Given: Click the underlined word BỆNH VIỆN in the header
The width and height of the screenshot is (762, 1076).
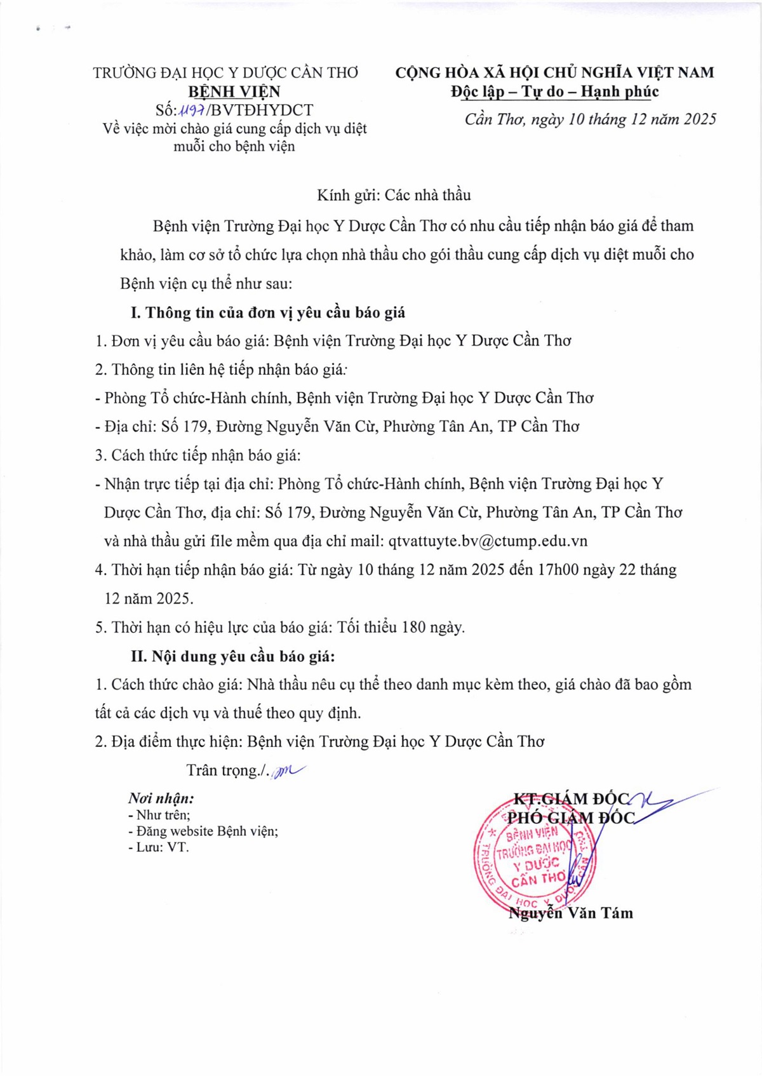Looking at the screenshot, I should [234, 92].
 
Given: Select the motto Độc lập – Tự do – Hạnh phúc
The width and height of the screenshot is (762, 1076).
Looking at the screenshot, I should [555, 92].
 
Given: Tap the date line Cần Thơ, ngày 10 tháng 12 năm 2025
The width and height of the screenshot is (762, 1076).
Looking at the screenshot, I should [591, 119].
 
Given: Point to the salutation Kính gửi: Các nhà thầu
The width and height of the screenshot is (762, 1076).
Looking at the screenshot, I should [394, 195].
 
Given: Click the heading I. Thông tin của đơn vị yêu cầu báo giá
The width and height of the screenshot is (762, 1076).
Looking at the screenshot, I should [268, 313].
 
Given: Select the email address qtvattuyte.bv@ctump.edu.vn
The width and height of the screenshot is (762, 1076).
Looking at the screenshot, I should [488, 541].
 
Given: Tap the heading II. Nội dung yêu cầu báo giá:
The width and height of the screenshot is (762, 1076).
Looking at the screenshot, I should [232, 656].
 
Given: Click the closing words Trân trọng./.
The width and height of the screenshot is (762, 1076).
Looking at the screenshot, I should [227, 770].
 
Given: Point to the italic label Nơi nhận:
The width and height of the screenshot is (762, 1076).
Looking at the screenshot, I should [161, 798].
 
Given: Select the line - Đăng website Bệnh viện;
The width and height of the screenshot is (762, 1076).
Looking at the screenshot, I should [203, 831].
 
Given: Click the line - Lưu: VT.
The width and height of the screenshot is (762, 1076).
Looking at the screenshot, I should [159, 847].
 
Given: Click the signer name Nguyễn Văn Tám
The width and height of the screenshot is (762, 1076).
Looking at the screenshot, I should [571, 913].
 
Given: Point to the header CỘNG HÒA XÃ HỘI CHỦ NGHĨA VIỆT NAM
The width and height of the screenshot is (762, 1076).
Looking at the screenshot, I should [554, 72].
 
